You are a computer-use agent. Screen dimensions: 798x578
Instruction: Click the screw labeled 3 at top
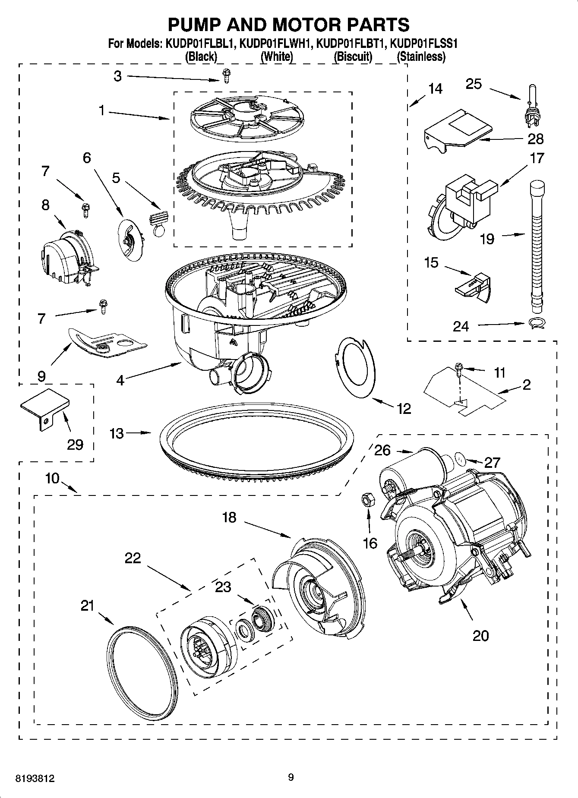coord(226,76)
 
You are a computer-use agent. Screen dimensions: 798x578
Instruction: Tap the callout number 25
coord(474,84)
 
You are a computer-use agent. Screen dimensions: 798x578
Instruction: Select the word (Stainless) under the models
coord(421,56)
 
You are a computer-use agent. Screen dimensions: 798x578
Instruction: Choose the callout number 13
coord(117,433)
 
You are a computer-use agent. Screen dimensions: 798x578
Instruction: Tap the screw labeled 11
coord(458,368)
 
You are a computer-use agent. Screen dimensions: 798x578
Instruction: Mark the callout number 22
coord(133,558)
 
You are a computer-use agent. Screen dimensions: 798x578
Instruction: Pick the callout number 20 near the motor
coord(480,635)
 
